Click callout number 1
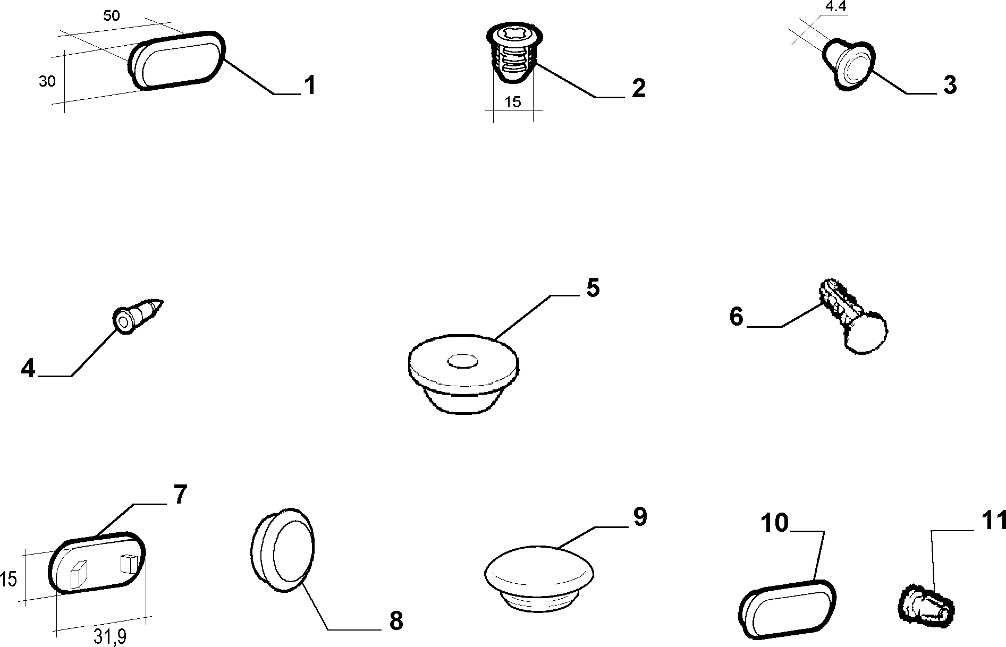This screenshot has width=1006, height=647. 310,86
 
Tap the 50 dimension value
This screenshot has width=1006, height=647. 111,15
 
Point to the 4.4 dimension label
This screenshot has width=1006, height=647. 835,7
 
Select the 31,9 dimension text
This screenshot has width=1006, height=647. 110,636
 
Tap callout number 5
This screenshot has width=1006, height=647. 593,287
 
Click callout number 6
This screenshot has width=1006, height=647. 736,317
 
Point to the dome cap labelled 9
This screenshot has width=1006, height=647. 539,579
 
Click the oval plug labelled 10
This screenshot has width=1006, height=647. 787,611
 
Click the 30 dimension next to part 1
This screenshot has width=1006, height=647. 47,82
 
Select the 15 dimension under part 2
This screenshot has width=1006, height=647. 513,102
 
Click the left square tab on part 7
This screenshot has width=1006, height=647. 78,574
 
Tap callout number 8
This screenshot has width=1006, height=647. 396,620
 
